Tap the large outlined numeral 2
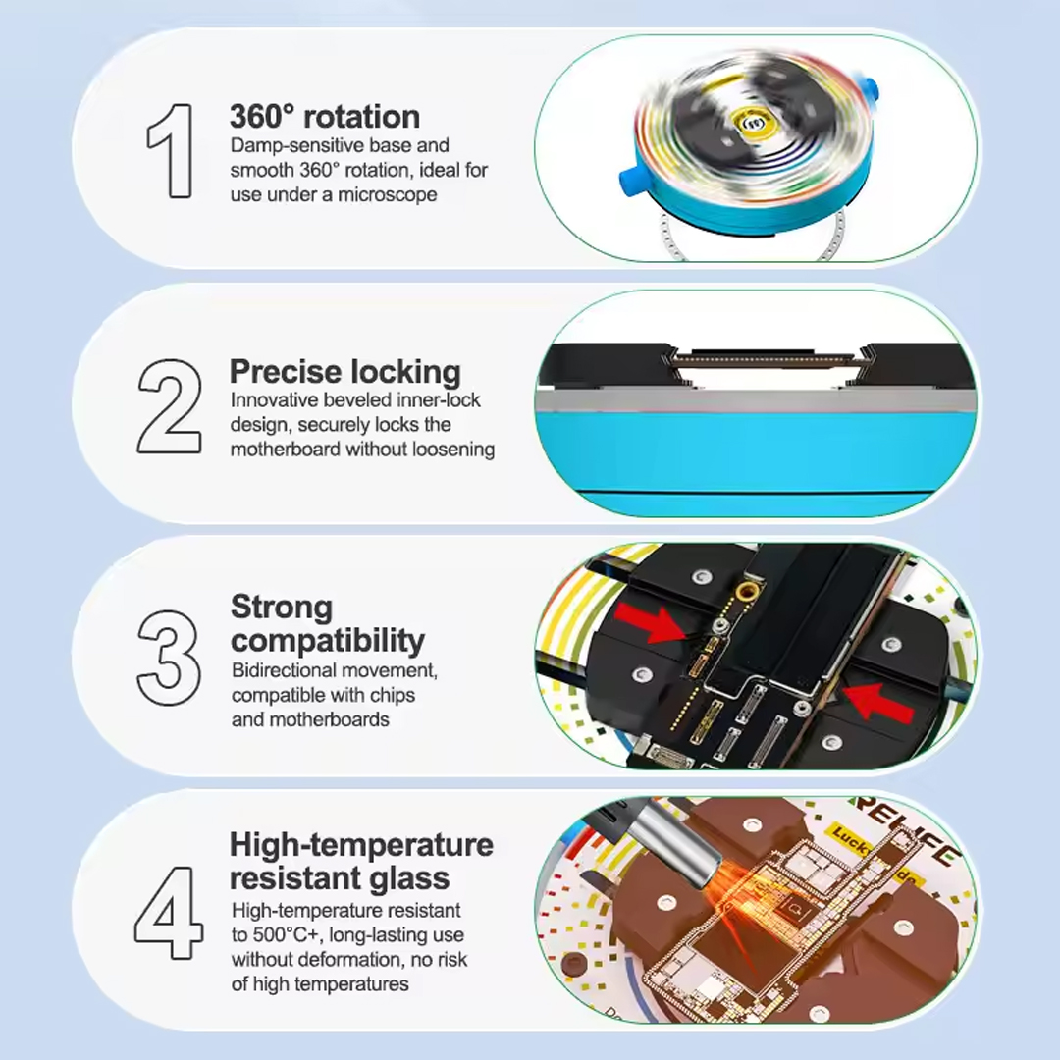(170, 405)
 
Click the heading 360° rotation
(325, 117)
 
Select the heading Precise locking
(344, 372)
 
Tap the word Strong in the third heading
(282, 608)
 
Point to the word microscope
(388, 194)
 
